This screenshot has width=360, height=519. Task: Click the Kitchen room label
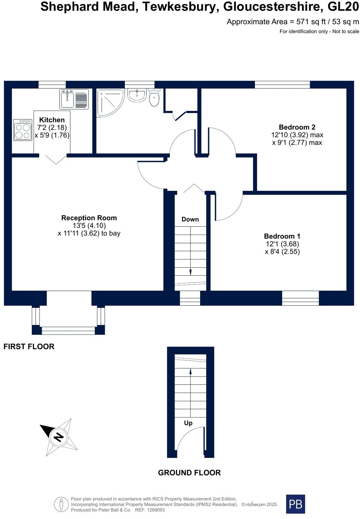click(52, 120)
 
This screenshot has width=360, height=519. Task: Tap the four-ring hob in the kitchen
click(22, 130)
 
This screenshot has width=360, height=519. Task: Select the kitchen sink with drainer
click(74, 99)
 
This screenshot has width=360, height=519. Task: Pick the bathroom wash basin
click(137, 95)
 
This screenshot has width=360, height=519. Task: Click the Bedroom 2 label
click(297, 127)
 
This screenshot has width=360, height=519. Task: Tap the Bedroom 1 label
click(282, 236)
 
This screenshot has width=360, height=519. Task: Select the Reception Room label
click(89, 218)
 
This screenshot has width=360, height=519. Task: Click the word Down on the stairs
click(190, 219)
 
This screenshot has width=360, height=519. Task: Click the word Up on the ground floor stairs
click(188, 423)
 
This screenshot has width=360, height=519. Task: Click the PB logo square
click(295, 504)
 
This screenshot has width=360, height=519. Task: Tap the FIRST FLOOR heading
click(29, 347)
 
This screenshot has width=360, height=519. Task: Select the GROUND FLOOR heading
click(189, 473)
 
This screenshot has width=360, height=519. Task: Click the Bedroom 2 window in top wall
click(282, 84)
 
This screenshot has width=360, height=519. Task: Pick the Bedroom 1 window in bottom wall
click(300, 298)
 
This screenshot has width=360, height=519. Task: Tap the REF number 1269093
click(154, 510)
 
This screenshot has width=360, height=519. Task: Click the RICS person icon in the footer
click(61, 504)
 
